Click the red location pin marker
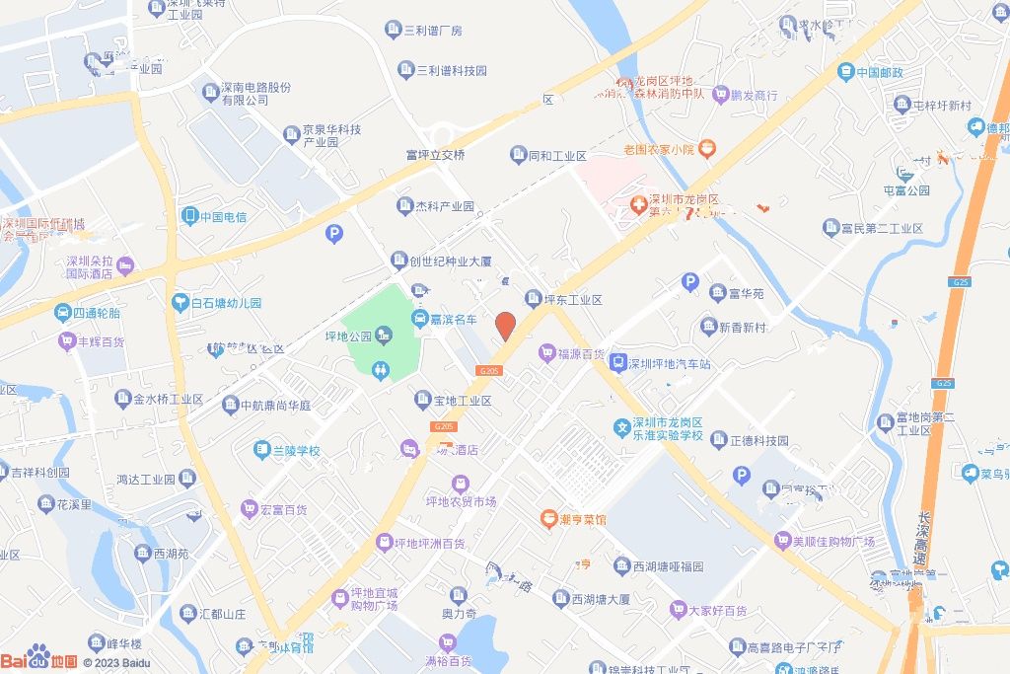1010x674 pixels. click(x=505, y=326)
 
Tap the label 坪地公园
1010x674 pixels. click(x=348, y=336)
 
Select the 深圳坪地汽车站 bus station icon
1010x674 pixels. click(x=618, y=362)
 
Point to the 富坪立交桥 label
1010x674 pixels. click(x=435, y=155)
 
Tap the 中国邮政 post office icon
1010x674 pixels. click(x=845, y=71)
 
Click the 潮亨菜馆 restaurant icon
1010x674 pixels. click(x=546, y=518)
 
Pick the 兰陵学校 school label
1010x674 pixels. click(x=296, y=450)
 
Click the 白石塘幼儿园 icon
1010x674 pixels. click(x=180, y=303)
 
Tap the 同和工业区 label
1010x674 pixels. click(x=557, y=155)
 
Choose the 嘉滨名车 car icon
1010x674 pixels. click(x=419, y=319)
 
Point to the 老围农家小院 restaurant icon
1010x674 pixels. click(x=706, y=149)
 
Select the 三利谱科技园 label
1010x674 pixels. click(x=452, y=70)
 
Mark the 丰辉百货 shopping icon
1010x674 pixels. click(x=67, y=340)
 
